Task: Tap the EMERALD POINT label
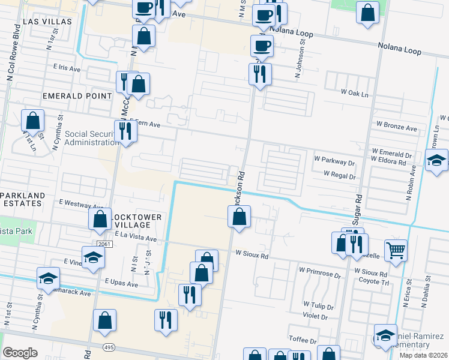point(77,96)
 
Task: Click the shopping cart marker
point(396,250)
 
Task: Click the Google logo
point(20,353)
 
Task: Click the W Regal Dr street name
point(340,175)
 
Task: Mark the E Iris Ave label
point(67,69)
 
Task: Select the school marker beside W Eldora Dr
point(436,160)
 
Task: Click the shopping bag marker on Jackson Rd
point(239,215)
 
